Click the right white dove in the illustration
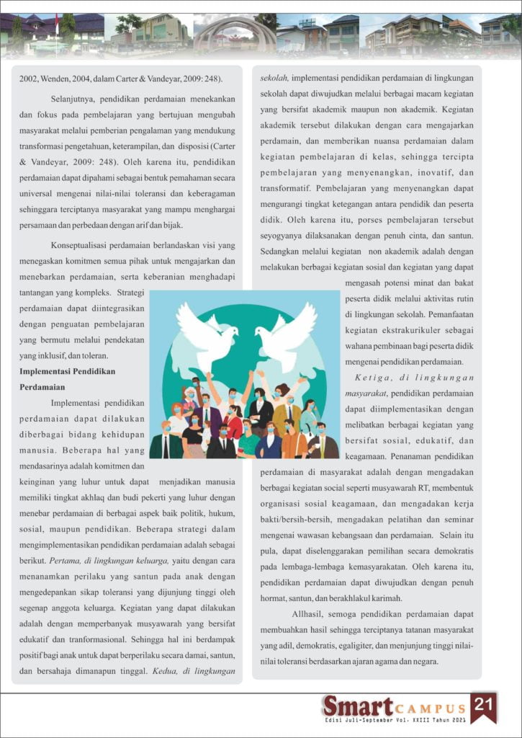point(287,333)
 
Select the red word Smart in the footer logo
point(357,706)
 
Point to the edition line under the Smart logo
point(394,720)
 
